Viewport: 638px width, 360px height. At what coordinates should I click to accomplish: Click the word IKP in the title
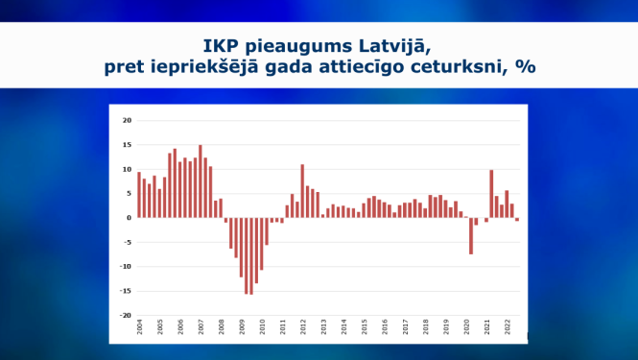coord(221,44)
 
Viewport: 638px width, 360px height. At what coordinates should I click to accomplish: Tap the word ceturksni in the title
coord(465,67)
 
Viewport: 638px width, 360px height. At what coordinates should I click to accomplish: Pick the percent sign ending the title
coord(525,67)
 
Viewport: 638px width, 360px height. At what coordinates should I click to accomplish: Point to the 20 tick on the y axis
coord(127,120)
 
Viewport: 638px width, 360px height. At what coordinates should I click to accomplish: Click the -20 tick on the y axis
coord(126,315)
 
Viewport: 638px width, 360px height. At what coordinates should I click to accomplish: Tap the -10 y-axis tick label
coord(126,266)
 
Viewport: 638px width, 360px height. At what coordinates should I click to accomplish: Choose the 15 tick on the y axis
coord(127,145)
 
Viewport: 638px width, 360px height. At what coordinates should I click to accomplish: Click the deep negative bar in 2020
coord(471,236)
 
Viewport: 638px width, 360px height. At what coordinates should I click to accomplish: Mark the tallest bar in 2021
coord(491,194)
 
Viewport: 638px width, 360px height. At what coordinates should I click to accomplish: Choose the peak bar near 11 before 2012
coord(302,191)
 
